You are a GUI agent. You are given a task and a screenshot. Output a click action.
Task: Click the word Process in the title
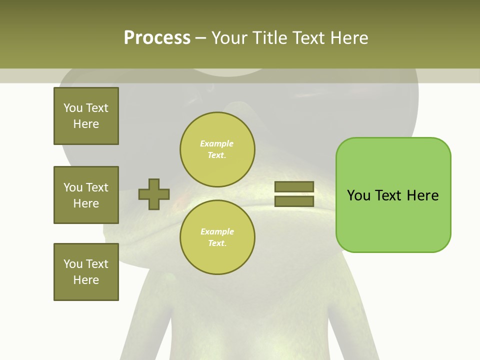tap(157, 37)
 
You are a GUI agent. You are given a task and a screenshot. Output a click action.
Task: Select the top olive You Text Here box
tap(86, 116)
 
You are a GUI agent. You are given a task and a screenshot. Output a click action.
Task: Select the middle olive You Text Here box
tap(86, 195)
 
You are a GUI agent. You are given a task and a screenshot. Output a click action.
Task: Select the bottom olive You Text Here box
tap(86, 272)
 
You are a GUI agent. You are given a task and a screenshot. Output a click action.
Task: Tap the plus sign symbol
tap(154, 194)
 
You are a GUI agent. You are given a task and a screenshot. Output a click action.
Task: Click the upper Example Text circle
tap(217, 149)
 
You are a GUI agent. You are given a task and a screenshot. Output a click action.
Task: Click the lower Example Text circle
tap(217, 237)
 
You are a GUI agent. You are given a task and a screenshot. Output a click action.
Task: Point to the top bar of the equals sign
tap(294, 187)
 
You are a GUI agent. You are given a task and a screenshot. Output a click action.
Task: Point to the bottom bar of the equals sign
tap(294, 201)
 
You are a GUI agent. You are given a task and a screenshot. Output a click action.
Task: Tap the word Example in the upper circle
tap(217, 143)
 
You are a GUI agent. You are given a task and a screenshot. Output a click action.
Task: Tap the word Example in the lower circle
tap(217, 231)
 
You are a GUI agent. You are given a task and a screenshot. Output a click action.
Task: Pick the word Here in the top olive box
tap(86, 124)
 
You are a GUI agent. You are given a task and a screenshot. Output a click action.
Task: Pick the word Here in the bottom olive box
tap(86, 280)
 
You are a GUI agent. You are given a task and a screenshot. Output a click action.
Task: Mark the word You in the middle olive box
tap(73, 187)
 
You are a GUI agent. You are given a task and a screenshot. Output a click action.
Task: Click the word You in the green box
tap(358, 195)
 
